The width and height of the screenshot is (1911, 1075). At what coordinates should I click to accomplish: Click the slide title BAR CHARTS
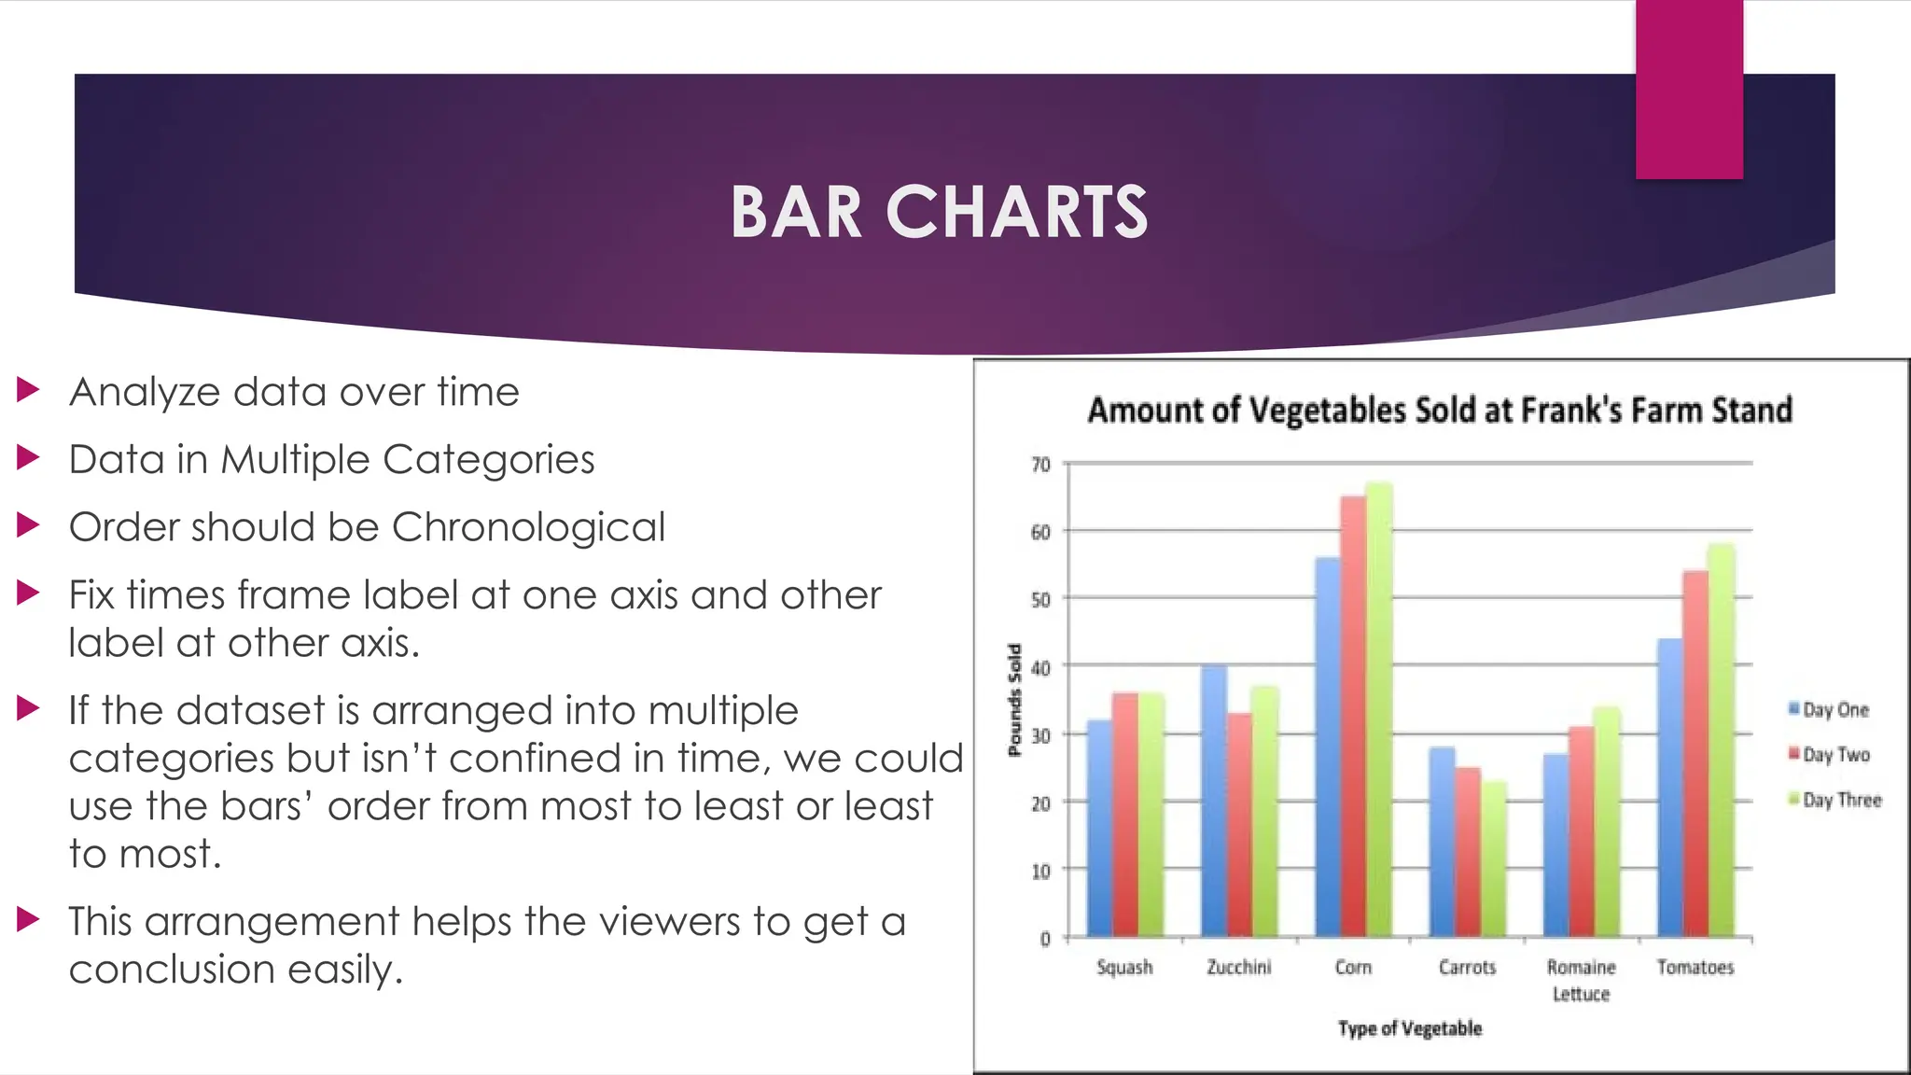939,212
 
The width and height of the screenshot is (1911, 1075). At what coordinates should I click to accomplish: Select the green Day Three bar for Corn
1379,709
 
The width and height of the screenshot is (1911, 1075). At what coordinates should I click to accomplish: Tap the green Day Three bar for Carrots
1493,859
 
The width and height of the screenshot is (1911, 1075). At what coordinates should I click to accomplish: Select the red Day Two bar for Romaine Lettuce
1582,831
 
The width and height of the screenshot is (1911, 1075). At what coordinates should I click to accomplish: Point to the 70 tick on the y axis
1040,464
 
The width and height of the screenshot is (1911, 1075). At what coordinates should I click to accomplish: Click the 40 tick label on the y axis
1040,667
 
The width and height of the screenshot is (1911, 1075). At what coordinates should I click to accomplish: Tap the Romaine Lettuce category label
1581,980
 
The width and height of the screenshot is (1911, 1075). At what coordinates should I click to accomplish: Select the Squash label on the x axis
1124,967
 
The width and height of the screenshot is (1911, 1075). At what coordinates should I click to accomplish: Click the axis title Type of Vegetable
1409,1028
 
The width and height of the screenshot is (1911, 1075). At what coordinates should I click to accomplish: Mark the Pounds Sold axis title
1014,700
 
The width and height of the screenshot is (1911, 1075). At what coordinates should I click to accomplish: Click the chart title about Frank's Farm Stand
1440,411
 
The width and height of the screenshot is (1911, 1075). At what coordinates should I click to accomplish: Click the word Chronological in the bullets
528,527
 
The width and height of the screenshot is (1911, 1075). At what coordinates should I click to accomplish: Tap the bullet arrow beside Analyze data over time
28,390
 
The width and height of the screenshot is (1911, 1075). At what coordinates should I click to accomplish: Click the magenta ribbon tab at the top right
1689,89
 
